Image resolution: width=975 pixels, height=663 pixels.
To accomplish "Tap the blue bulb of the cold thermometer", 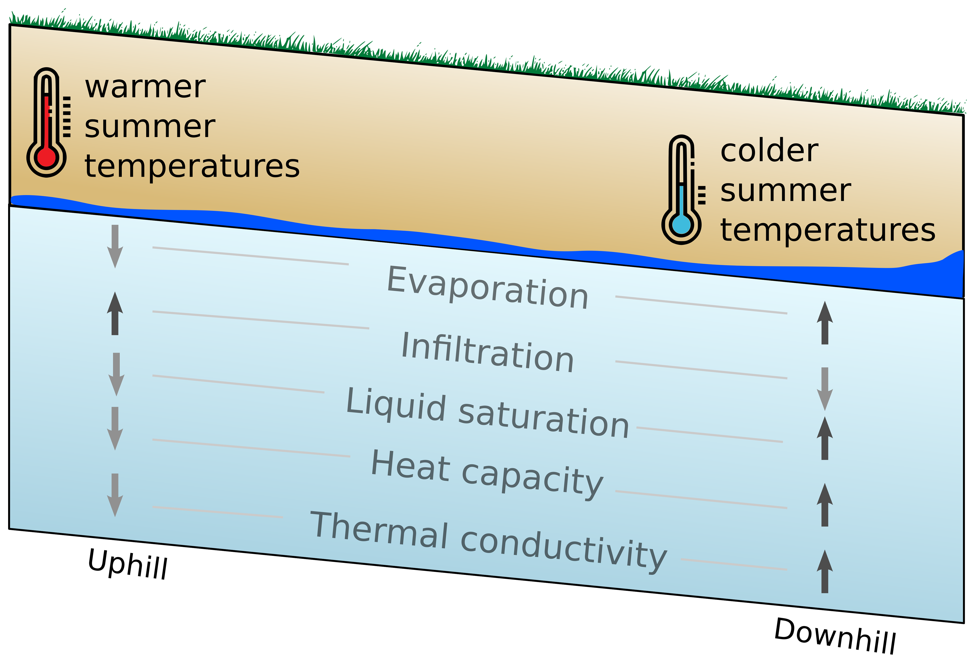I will pos(681,224).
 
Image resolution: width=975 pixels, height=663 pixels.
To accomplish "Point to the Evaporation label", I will pos(487,288).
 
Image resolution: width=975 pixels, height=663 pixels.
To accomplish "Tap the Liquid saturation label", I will pos(487,413).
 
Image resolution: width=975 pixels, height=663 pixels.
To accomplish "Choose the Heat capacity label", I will pos(487,474).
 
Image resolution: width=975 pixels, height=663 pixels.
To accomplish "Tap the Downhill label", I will pos(835,635).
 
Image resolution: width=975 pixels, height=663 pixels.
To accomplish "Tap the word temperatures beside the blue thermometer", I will pos(827,230).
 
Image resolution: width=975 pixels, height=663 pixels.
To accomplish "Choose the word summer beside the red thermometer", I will pos(150,127).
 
